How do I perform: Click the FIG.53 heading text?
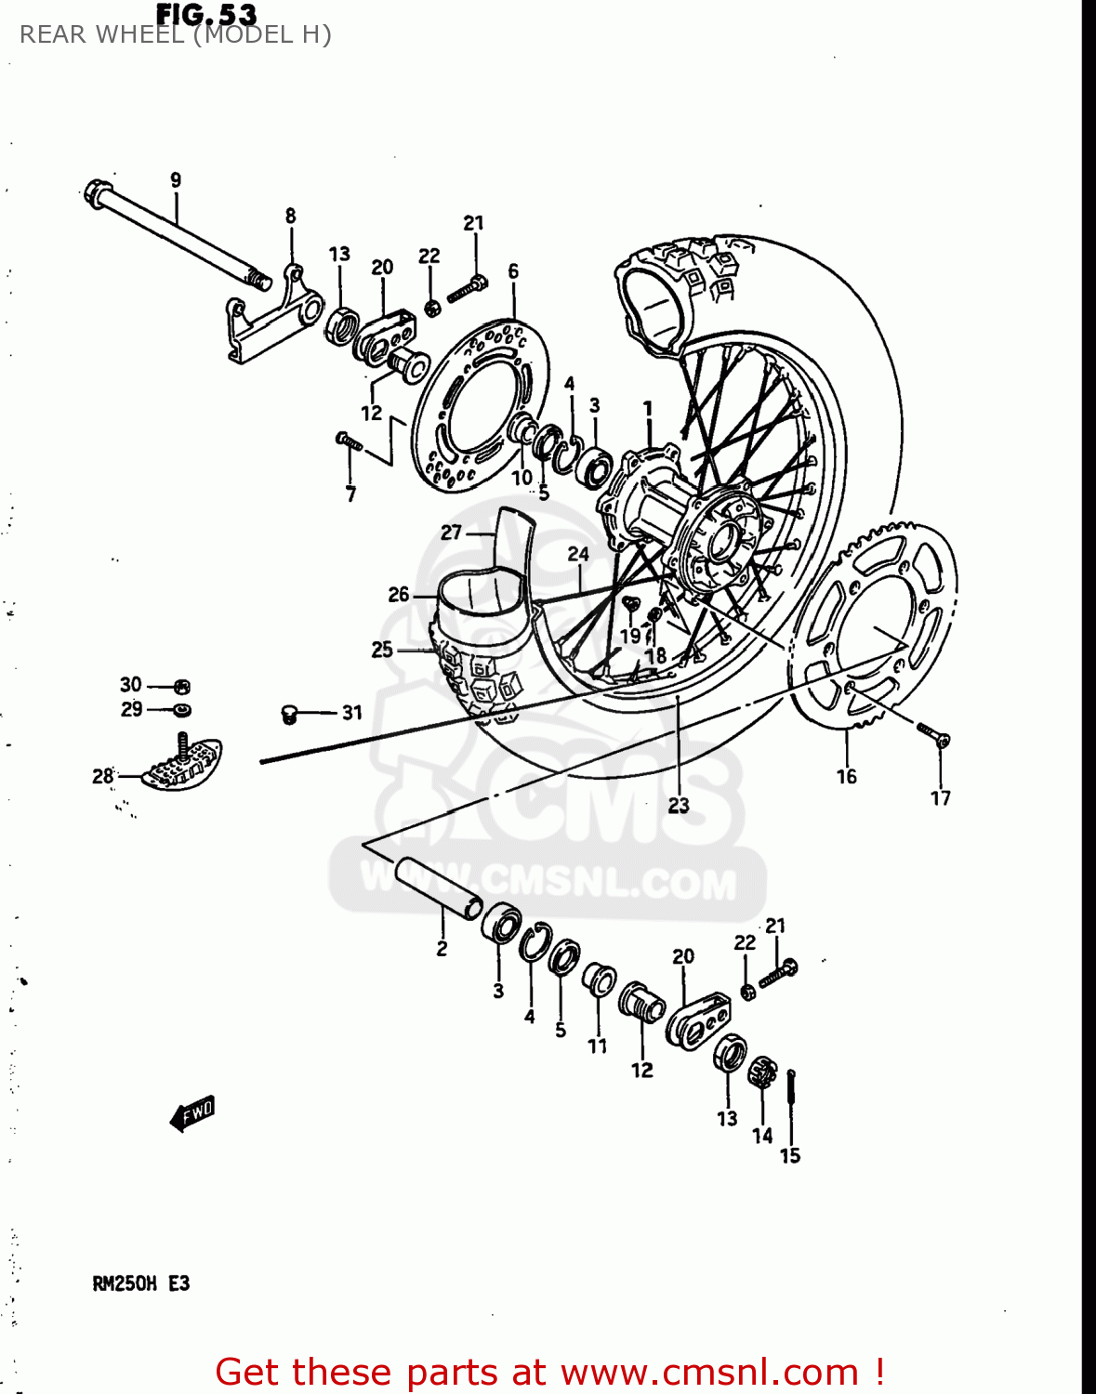pos(206,14)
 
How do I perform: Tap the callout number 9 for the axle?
pos(176,180)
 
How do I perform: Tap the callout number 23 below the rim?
pos(679,805)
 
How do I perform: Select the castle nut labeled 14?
pos(761,1073)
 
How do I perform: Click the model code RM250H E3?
pos(141,1283)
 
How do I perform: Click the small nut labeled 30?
pos(183,688)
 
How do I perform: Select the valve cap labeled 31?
pos(289,714)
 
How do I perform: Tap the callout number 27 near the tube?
pos(451,533)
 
